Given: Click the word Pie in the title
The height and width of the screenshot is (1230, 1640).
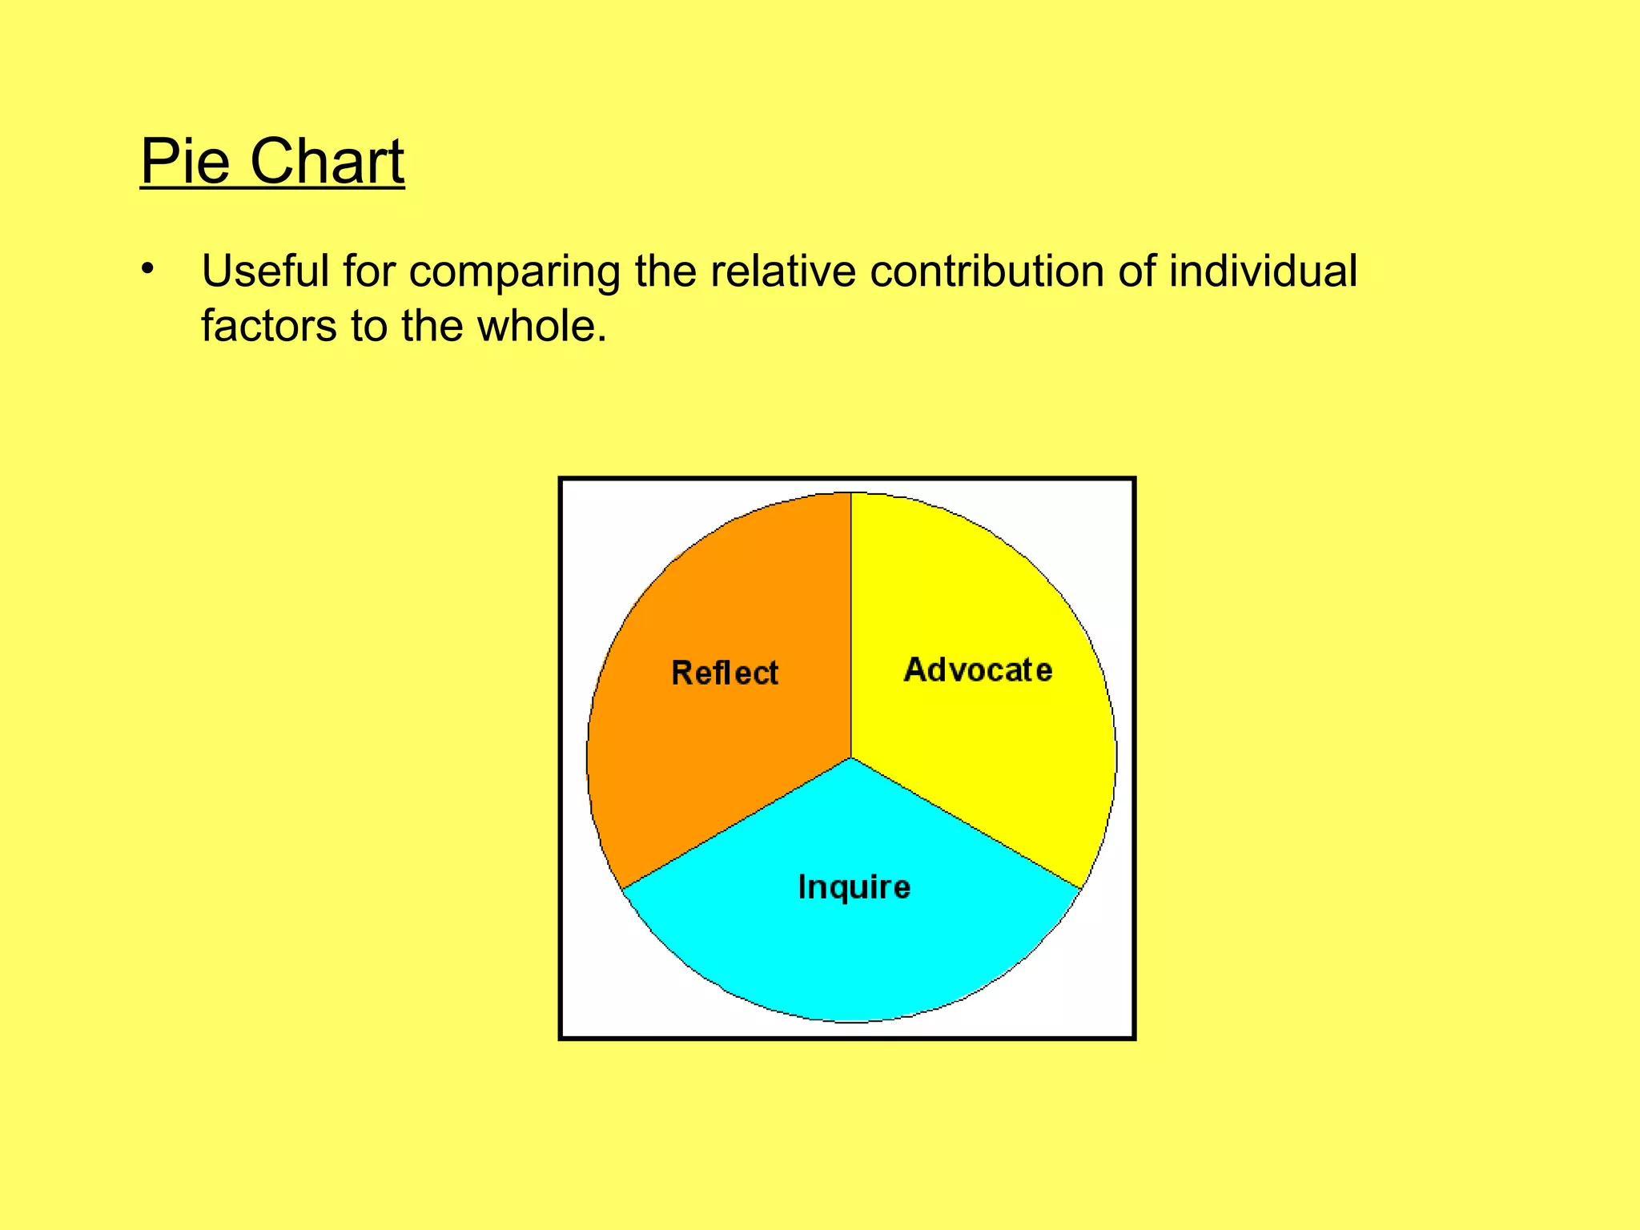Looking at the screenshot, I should click(186, 162).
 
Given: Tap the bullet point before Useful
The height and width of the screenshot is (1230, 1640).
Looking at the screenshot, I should click(147, 269).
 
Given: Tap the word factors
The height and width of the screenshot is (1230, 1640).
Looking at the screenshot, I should click(269, 326).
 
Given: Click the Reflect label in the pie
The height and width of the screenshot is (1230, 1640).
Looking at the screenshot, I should click(725, 673).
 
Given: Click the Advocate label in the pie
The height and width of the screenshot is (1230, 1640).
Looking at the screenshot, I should click(978, 669).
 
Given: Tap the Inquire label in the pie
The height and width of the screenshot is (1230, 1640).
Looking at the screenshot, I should click(854, 887).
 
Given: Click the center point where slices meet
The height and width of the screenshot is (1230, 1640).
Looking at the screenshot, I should click(851, 758).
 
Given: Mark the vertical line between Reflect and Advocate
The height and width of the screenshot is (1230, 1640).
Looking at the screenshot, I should click(851, 625).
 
